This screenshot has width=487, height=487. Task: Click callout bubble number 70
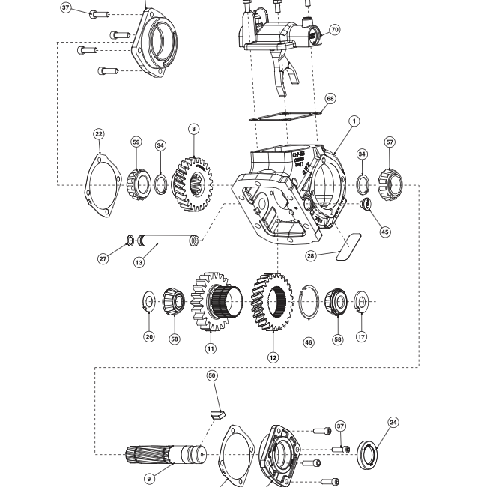click(334, 30)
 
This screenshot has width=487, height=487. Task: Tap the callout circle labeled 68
click(330, 99)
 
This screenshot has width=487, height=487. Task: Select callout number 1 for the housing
click(354, 121)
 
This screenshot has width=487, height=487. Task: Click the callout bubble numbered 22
click(99, 134)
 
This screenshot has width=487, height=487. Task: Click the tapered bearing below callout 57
click(390, 181)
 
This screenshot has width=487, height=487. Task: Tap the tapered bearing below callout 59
click(136, 184)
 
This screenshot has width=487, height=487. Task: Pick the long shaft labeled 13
click(169, 243)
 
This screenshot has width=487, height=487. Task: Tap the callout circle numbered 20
click(149, 337)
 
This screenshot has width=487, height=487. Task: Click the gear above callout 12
click(271, 302)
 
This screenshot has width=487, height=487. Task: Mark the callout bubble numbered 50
click(212, 375)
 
